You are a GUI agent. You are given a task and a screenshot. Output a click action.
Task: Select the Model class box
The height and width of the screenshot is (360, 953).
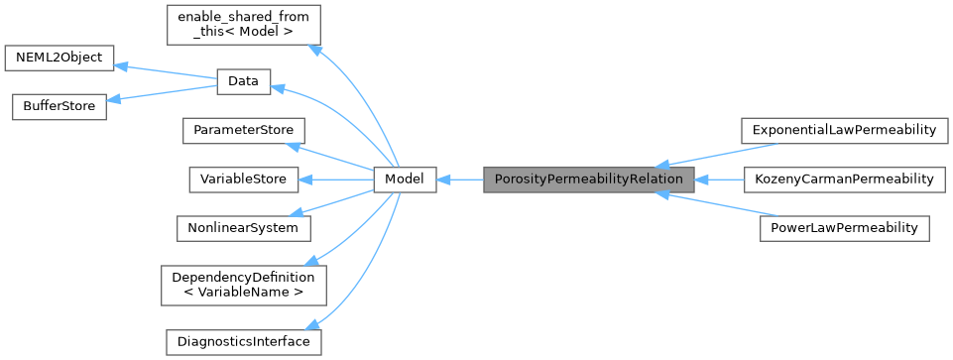pos(405,180)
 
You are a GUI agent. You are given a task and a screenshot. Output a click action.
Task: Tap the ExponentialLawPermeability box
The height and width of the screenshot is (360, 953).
pos(843,131)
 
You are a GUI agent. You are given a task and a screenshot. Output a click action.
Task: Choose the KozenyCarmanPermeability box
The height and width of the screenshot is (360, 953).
pos(843,180)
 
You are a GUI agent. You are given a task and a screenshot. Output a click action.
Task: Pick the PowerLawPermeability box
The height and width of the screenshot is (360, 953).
pos(844,228)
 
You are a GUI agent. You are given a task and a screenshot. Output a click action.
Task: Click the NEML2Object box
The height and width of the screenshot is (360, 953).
pos(60,58)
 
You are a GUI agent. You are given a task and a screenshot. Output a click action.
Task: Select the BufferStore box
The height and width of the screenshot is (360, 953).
pos(59,106)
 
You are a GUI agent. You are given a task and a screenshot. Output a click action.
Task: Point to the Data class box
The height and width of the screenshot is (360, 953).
pos(243,82)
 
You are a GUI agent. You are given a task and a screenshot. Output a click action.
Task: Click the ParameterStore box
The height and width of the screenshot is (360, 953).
pos(243,131)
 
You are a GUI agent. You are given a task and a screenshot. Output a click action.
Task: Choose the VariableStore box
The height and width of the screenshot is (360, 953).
pos(243,180)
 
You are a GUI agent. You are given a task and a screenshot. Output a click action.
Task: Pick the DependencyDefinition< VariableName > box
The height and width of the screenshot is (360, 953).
pos(243,285)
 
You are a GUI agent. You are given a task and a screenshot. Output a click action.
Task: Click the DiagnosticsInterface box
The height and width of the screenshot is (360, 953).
pos(243,342)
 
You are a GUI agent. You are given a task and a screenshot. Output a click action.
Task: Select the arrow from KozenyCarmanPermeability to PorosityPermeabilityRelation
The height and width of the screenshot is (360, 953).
pos(718,180)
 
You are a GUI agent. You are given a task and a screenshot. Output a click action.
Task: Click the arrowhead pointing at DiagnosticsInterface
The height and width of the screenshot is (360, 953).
pos(313,323)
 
